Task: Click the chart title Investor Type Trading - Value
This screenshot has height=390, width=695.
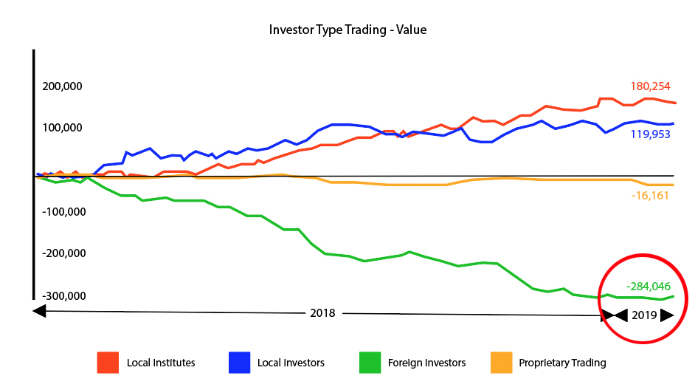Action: click(x=347, y=30)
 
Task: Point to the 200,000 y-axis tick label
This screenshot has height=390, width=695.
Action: click(x=62, y=86)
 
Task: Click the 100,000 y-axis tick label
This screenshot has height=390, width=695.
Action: click(x=62, y=129)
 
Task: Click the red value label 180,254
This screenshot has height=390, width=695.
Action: click(x=650, y=86)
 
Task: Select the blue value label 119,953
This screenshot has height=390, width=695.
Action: click(x=650, y=135)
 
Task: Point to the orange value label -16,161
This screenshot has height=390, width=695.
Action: click(x=652, y=196)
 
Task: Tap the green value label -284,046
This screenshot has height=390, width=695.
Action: click(x=648, y=286)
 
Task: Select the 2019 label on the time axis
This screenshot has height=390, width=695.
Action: click(x=645, y=315)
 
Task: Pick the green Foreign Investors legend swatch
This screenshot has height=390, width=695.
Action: click(x=370, y=363)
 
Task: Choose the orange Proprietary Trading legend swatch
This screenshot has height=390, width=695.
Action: click(x=501, y=363)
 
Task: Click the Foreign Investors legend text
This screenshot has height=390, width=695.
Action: click(x=426, y=363)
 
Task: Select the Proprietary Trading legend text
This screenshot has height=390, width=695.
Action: click(x=562, y=363)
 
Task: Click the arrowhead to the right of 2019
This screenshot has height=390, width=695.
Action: click(x=667, y=315)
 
